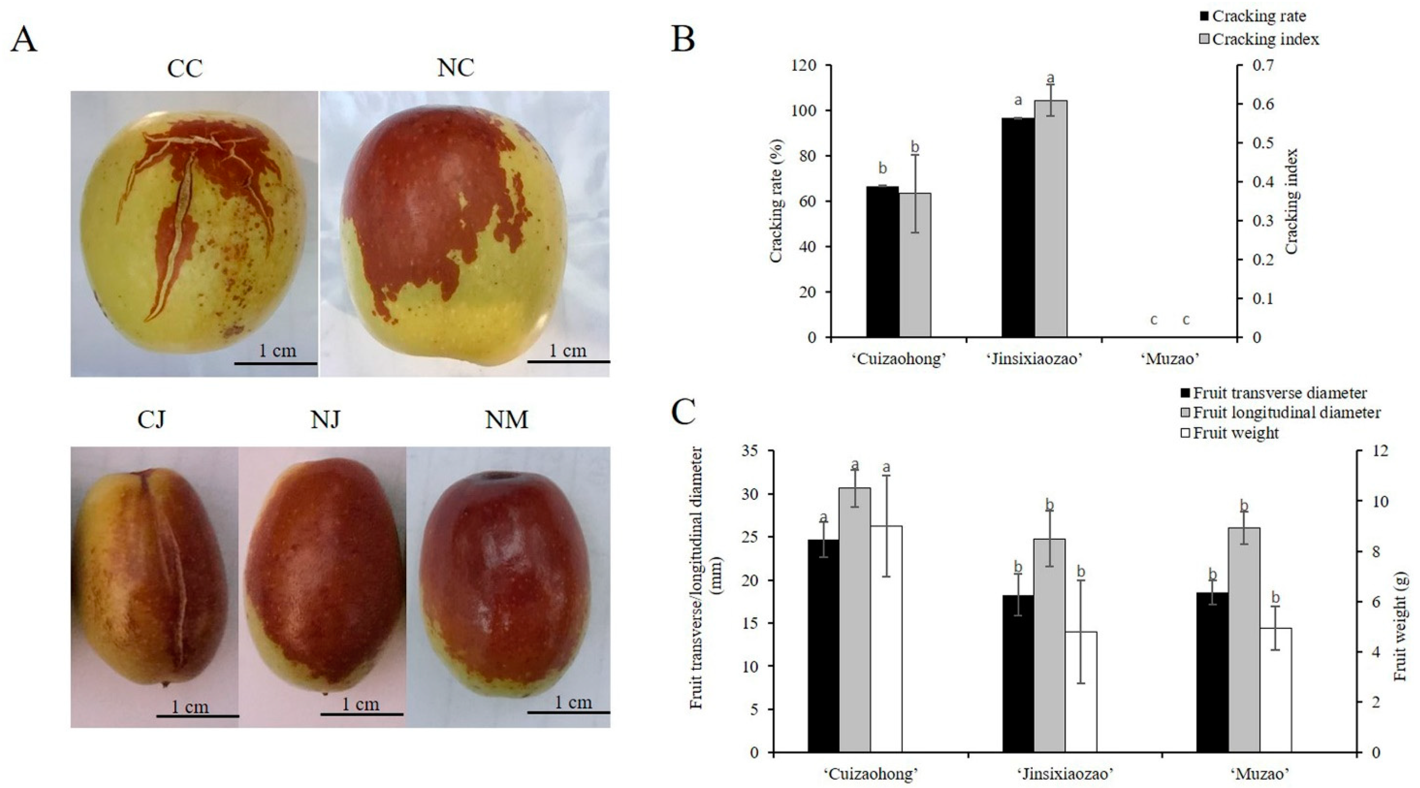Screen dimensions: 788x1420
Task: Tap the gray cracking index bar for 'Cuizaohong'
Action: [x=915, y=265]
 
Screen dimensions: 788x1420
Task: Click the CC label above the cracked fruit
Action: [x=185, y=69]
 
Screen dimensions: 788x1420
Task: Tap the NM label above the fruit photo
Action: [x=506, y=420]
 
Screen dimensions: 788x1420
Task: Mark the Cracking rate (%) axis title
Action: [x=776, y=201]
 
